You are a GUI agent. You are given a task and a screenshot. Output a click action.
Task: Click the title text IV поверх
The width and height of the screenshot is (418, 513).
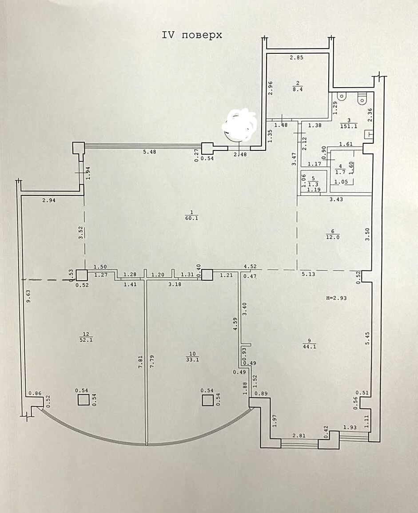pos(192,35)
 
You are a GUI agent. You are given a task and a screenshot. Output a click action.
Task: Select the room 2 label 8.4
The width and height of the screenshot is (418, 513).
pos(298,89)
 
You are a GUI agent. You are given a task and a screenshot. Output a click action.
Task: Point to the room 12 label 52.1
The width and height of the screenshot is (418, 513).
pos(86,340)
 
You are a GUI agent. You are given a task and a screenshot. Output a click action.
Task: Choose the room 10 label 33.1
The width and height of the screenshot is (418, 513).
pos(193,360)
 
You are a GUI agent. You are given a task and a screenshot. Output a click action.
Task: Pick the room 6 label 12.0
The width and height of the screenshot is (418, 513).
pos(333,237)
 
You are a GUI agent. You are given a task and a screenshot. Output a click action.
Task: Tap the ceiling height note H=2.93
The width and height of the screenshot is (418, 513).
pos(336,298)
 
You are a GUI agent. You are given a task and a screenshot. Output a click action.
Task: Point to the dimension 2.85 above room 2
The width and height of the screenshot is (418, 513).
pos(297,57)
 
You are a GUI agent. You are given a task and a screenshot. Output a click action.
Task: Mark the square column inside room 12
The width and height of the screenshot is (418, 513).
pos(84,400)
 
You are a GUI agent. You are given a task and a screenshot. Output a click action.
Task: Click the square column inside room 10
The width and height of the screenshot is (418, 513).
pos(208,400)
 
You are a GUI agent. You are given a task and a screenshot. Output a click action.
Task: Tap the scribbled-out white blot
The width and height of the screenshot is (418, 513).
pos(240,124)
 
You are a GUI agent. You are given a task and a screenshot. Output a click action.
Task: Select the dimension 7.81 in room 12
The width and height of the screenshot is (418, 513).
pos(141,362)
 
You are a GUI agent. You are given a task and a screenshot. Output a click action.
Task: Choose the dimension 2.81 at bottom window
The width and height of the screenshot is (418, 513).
pos(299,436)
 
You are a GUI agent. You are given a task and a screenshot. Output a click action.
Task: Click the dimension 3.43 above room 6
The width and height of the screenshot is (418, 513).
pos(336,199)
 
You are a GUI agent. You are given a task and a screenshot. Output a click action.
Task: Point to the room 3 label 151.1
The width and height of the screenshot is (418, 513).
pos(349,126)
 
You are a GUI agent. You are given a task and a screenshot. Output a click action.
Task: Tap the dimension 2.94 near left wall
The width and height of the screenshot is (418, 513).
pos(49,201)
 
